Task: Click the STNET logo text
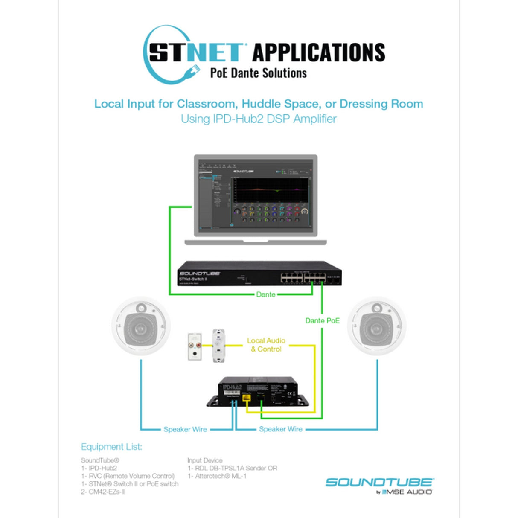click(195, 52)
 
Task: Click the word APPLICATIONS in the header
click(319, 52)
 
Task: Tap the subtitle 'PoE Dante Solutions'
click(258, 73)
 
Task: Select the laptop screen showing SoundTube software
click(256, 195)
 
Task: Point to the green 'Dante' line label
click(265, 294)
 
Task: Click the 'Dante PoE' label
click(322, 320)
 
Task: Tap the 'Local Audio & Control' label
click(266, 345)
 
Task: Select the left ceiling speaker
click(141, 327)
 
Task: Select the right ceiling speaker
click(376, 327)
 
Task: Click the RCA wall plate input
click(195, 346)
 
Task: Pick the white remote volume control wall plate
click(219, 346)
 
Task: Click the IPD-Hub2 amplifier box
click(258, 391)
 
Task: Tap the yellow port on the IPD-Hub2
click(246, 399)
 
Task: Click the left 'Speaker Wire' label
click(185, 429)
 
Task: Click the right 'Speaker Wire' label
click(280, 429)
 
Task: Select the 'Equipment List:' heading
click(111, 447)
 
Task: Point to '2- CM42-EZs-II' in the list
click(103, 492)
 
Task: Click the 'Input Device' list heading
click(205, 460)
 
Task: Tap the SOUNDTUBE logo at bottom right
click(379, 483)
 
